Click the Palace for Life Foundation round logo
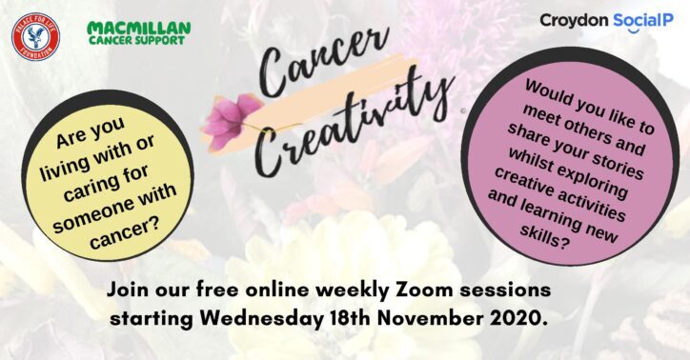35,36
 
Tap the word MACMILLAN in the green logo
138,29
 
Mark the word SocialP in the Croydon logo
643,20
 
